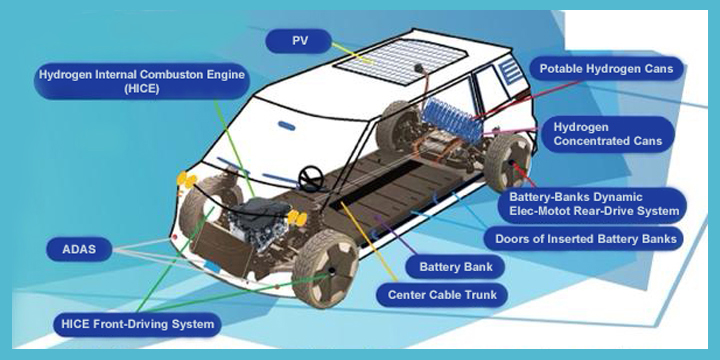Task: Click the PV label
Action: (x=298, y=41)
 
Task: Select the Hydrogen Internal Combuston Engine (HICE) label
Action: (x=142, y=81)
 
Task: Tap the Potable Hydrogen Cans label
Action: (x=606, y=69)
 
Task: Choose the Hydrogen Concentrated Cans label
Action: (x=608, y=134)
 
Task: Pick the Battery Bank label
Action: (x=456, y=267)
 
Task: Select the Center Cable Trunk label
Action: (x=442, y=294)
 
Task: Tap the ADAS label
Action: (x=79, y=249)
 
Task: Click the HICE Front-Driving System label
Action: (x=137, y=324)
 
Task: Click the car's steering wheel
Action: (x=311, y=178)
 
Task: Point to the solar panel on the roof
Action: (x=399, y=61)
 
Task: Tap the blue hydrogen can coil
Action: (x=452, y=119)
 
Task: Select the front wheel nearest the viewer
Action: (x=325, y=269)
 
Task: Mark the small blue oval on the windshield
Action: (x=286, y=124)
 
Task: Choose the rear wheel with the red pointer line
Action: (x=508, y=163)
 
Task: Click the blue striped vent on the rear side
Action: (x=511, y=72)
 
